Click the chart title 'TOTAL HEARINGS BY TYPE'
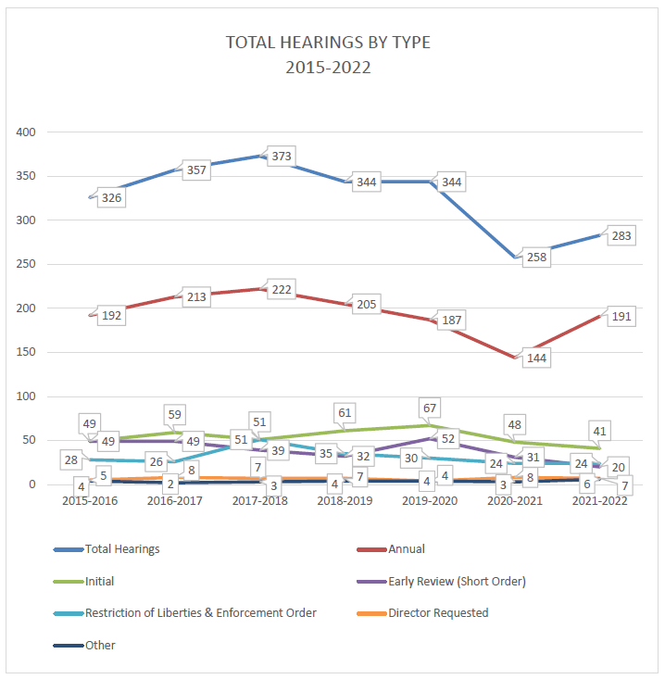tap(329, 43)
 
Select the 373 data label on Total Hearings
tap(282, 157)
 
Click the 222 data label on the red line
tap(282, 290)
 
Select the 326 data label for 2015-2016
tap(112, 198)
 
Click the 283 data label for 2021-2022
tap(621, 236)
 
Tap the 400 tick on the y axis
tap(26, 132)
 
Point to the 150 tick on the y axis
tap(26, 352)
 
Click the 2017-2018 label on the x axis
tap(260, 501)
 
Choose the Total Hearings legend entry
tap(121, 549)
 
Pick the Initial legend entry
tap(101, 581)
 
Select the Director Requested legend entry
tap(438, 612)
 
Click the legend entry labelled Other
tap(100, 645)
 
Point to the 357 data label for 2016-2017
tap(195, 170)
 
